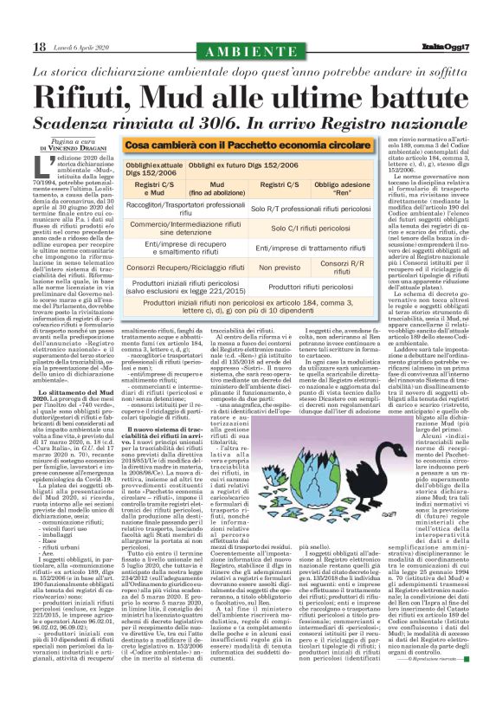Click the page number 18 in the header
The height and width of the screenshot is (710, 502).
pyautogui.click(x=40, y=46)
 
